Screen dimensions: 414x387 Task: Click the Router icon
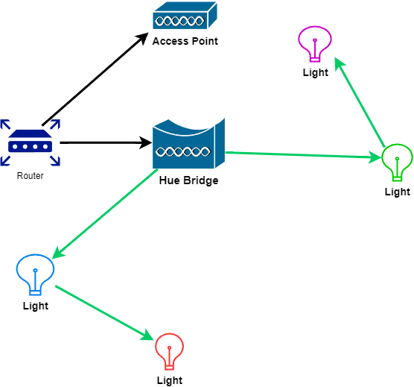(30, 142)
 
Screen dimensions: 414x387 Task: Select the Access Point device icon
(185, 15)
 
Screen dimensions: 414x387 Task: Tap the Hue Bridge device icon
(188, 143)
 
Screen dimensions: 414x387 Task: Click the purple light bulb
(315, 44)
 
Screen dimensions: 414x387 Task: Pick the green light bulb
(398, 163)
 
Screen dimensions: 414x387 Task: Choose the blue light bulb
(36, 274)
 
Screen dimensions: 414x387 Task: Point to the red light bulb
(169, 351)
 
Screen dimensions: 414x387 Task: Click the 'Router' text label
(30, 176)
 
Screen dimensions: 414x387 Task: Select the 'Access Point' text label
(185, 41)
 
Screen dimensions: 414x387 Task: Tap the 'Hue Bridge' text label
(189, 180)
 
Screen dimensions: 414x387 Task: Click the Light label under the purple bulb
(316, 72)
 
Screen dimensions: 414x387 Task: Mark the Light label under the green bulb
(398, 192)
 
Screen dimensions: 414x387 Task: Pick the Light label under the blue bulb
(36, 306)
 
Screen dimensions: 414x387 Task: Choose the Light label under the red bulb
(170, 380)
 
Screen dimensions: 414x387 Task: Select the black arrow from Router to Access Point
(95, 79)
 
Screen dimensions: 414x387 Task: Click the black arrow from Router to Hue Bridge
(106, 142)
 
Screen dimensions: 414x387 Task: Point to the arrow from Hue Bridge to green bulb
(304, 155)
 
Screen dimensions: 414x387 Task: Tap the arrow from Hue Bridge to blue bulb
(105, 214)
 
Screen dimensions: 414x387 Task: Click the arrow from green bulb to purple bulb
(360, 102)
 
